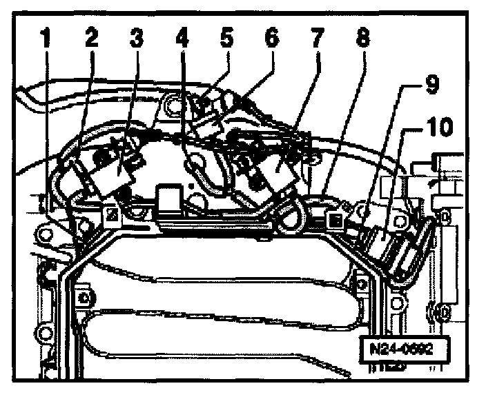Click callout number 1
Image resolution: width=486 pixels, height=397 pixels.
(45, 39)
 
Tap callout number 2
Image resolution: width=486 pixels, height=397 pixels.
(90, 39)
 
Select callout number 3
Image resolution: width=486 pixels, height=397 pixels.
(136, 39)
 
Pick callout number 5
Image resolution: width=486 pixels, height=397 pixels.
(227, 39)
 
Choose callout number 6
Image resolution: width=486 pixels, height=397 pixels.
(271, 39)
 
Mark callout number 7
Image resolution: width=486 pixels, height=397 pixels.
(317, 39)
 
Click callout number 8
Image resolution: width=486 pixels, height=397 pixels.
(362, 39)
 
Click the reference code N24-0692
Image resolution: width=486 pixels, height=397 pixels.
(400, 348)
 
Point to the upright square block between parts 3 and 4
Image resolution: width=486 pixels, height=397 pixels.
(169, 198)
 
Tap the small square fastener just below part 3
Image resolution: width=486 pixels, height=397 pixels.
(111, 216)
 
